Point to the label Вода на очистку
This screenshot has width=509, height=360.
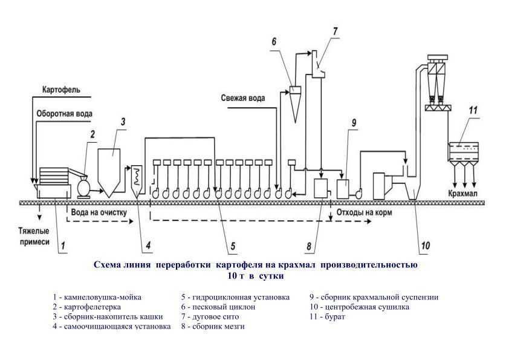pyautogui.click(x=99, y=212)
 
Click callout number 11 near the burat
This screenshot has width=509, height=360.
pyautogui.click(x=473, y=111)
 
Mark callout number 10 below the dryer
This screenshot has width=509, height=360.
pyautogui.click(x=425, y=246)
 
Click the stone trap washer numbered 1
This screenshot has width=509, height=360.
pyautogui.click(x=53, y=183)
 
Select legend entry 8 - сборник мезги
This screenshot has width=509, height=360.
pyautogui.click(x=215, y=326)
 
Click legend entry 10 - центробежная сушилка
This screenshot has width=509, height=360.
pyautogui.click(x=359, y=307)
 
